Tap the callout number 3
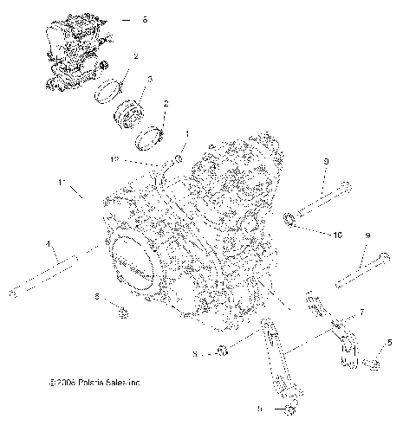tap(149, 79)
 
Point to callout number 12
tap(138, 160)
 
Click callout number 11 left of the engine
tap(62, 183)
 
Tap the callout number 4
tap(49, 243)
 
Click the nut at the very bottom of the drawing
tap(288, 407)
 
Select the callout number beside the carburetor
tap(145, 19)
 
